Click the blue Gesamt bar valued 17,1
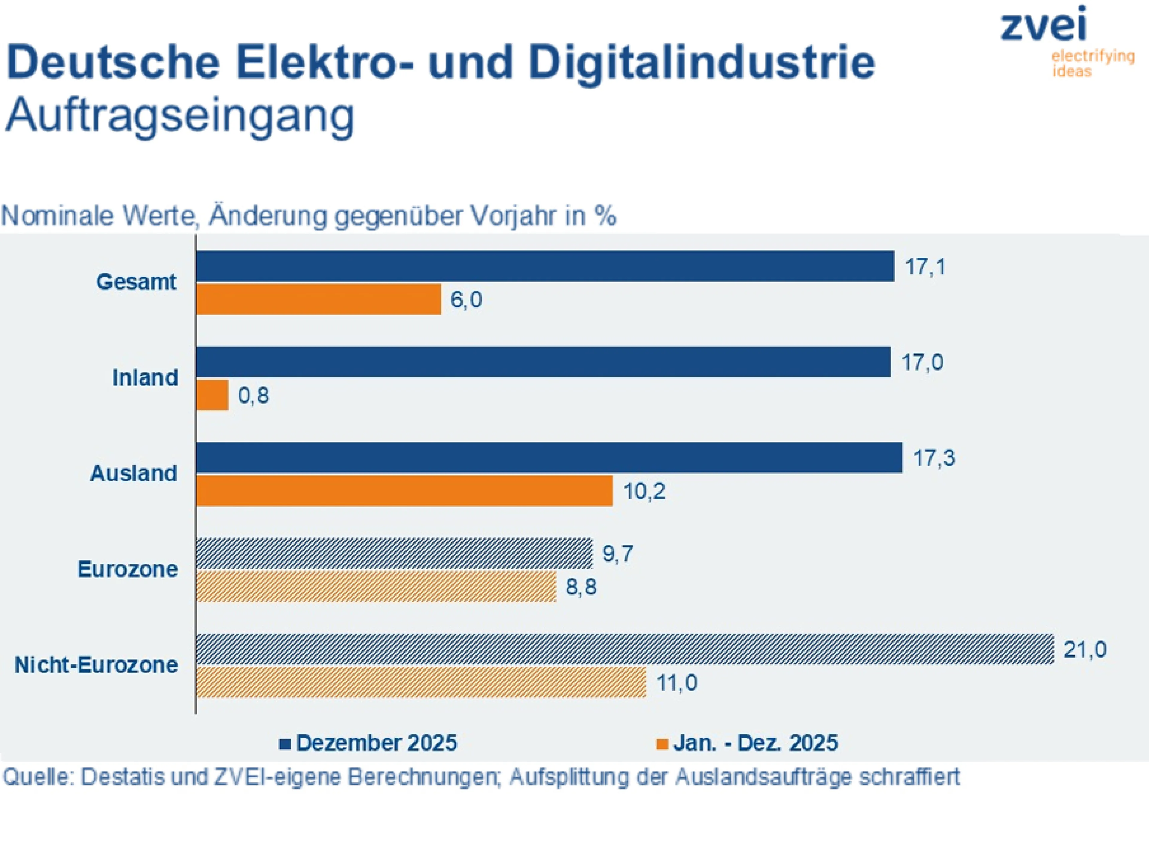point(544,266)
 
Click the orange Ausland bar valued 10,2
point(404,491)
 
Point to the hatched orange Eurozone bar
point(376,587)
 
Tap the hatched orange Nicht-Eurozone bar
point(421,683)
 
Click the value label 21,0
point(1085,650)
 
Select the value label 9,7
point(618,554)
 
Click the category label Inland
point(145,378)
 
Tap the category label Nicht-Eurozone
point(97,665)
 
